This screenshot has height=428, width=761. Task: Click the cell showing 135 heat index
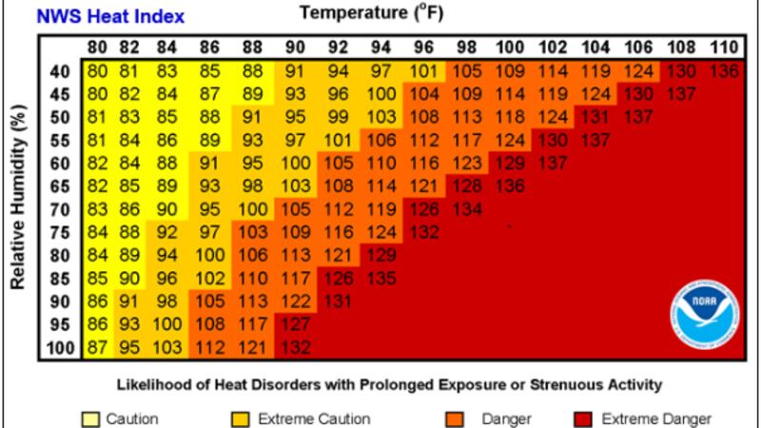click(380, 279)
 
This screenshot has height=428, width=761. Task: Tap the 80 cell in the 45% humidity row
click(97, 94)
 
